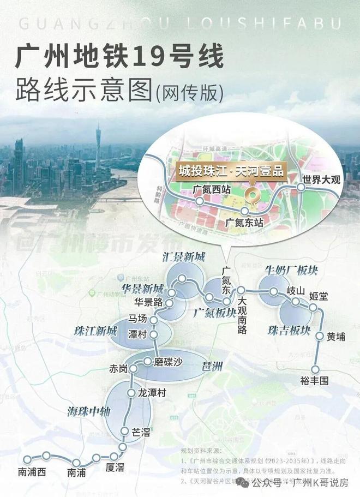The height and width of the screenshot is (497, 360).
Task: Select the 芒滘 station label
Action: (x=141, y=432)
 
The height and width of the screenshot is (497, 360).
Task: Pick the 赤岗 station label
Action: (x=118, y=369)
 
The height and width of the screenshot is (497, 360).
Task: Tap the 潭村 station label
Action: (x=137, y=335)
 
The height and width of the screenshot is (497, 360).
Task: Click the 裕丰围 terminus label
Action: (x=314, y=381)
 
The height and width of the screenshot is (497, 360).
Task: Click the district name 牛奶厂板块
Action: (x=291, y=270)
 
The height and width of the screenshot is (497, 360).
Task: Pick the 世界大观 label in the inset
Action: (x=321, y=179)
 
